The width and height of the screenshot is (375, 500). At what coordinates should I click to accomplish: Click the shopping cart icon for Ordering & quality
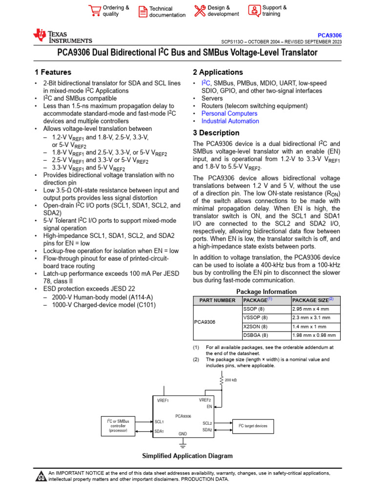click(x=94, y=11)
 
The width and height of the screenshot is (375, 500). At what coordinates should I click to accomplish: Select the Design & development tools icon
click(x=200, y=11)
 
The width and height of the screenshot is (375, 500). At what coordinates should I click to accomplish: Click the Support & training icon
click(x=254, y=11)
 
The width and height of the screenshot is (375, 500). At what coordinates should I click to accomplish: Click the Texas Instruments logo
click(x=62, y=36)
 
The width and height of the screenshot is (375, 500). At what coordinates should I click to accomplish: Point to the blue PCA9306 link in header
click(x=330, y=36)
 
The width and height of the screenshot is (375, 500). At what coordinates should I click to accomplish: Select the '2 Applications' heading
click(x=218, y=72)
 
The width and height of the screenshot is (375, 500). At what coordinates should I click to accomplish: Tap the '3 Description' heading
click(x=216, y=133)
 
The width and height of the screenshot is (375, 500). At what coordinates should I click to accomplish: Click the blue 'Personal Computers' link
click(x=230, y=113)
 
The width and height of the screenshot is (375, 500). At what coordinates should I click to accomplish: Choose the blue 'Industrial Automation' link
click(x=230, y=121)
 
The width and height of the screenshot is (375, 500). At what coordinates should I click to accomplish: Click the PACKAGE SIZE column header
click(x=312, y=300)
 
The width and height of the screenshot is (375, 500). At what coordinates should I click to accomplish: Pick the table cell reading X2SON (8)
click(x=255, y=326)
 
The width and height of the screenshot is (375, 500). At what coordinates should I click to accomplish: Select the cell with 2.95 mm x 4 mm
click(x=311, y=309)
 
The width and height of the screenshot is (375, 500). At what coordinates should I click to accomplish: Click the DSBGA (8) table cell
click(x=255, y=335)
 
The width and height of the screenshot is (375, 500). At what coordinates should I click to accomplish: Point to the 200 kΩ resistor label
click(x=231, y=379)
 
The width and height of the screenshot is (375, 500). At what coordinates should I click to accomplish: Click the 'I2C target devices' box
click(x=253, y=426)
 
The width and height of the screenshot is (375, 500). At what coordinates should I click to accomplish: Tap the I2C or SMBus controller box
click(x=118, y=425)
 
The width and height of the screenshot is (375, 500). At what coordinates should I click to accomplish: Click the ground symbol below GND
click(x=183, y=443)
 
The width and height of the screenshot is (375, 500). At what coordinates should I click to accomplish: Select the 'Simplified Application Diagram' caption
click(x=187, y=456)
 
